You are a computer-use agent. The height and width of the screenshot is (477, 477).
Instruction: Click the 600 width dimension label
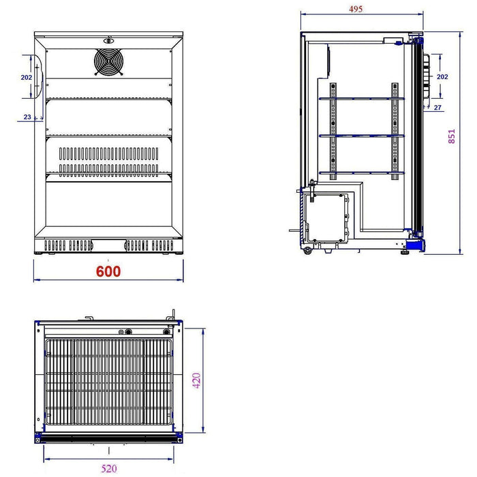108,271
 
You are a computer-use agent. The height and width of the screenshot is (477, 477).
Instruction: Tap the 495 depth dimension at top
356,9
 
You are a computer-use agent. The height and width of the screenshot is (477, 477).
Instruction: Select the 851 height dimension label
451,136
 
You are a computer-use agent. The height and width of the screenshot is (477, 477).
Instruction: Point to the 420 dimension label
196,380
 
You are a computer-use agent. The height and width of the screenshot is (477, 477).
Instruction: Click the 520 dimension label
109,469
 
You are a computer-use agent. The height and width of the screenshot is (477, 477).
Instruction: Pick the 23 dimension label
27,117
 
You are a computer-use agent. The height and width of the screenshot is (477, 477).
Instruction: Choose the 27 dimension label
437,108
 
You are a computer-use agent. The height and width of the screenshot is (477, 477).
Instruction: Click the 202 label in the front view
27,78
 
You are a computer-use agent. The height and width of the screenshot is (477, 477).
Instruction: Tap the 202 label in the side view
442,76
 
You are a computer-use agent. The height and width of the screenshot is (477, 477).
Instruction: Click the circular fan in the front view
108,62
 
